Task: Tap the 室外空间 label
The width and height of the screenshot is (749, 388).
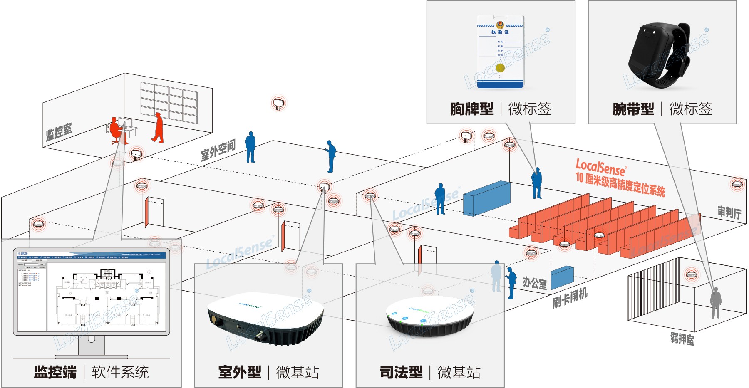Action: click(218, 151)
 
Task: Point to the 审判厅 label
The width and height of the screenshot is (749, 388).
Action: click(729, 212)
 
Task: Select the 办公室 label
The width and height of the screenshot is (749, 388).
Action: click(534, 283)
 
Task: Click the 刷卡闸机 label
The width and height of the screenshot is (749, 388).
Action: click(570, 298)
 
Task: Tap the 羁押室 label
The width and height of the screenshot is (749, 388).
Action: click(682, 339)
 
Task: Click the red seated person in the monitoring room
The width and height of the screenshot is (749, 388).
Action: click(116, 130)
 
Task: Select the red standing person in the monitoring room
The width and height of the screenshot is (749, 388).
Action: click(158, 127)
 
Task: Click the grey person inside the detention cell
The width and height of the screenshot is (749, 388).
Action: click(715, 302)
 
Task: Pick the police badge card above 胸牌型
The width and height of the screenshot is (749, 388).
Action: click(500, 52)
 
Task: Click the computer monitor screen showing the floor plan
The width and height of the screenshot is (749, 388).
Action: click(92, 292)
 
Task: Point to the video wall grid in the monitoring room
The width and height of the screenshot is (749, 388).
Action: click(169, 102)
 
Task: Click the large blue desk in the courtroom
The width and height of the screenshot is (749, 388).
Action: click(486, 198)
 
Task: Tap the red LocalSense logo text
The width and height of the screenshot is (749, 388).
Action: click(600, 167)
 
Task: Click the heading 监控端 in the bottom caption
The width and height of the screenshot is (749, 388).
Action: click(55, 372)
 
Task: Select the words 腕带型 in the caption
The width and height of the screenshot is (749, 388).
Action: click(633, 109)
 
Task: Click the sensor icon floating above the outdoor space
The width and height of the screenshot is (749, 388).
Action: click(278, 103)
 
